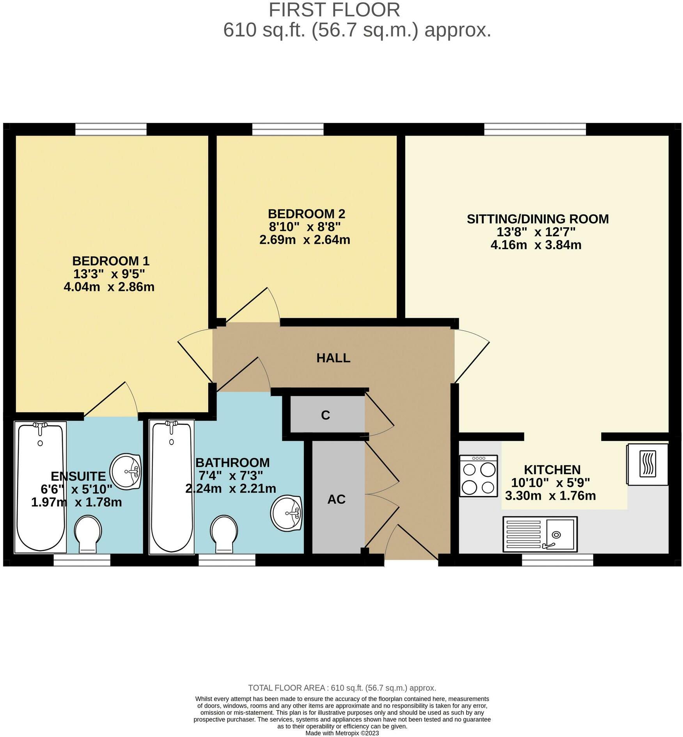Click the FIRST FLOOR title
point(334,10)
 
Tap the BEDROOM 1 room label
point(111,261)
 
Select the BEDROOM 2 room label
point(306,214)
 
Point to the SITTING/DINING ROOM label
point(538,219)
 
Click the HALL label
point(333,358)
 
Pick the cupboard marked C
point(326,415)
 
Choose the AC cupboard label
point(336,499)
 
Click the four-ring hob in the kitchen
point(478,476)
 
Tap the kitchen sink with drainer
point(540,534)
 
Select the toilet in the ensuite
point(88,533)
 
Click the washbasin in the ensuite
point(126,471)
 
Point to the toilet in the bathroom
point(224,533)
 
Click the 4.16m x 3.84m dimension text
point(536,245)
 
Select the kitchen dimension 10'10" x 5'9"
point(550,483)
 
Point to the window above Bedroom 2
point(288,129)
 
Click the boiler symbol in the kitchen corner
point(648,464)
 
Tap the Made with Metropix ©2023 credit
point(342,733)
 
